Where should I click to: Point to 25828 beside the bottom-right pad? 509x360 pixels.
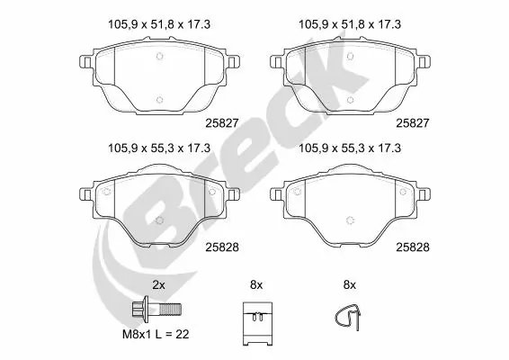click(415, 245)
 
